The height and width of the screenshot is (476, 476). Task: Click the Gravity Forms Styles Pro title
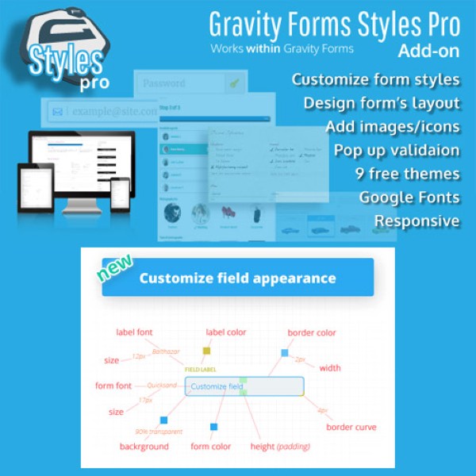(x=334, y=25)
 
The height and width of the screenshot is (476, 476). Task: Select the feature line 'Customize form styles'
(x=375, y=79)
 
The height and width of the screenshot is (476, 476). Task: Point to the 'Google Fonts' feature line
(x=409, y=197)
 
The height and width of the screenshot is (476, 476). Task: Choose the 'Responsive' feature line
(x=416, y=221)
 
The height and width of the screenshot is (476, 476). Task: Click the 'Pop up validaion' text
(x=396, y=150)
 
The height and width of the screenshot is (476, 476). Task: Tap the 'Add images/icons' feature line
(x=392, y=127)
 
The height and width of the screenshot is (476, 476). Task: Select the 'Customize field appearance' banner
(x=237, y=278)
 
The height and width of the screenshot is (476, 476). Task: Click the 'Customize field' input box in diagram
(x=244, y=386)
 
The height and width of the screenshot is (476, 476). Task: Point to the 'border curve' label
(x=351, y=428)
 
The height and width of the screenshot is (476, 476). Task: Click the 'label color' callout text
(x=226, y=332)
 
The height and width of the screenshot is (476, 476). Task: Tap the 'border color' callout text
(x=312, y=332)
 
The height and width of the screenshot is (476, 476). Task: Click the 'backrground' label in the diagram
(x=144, y=446)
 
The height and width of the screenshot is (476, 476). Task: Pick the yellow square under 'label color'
(x=206, y=351)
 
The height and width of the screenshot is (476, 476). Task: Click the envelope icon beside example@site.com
(x=57, y=113)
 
